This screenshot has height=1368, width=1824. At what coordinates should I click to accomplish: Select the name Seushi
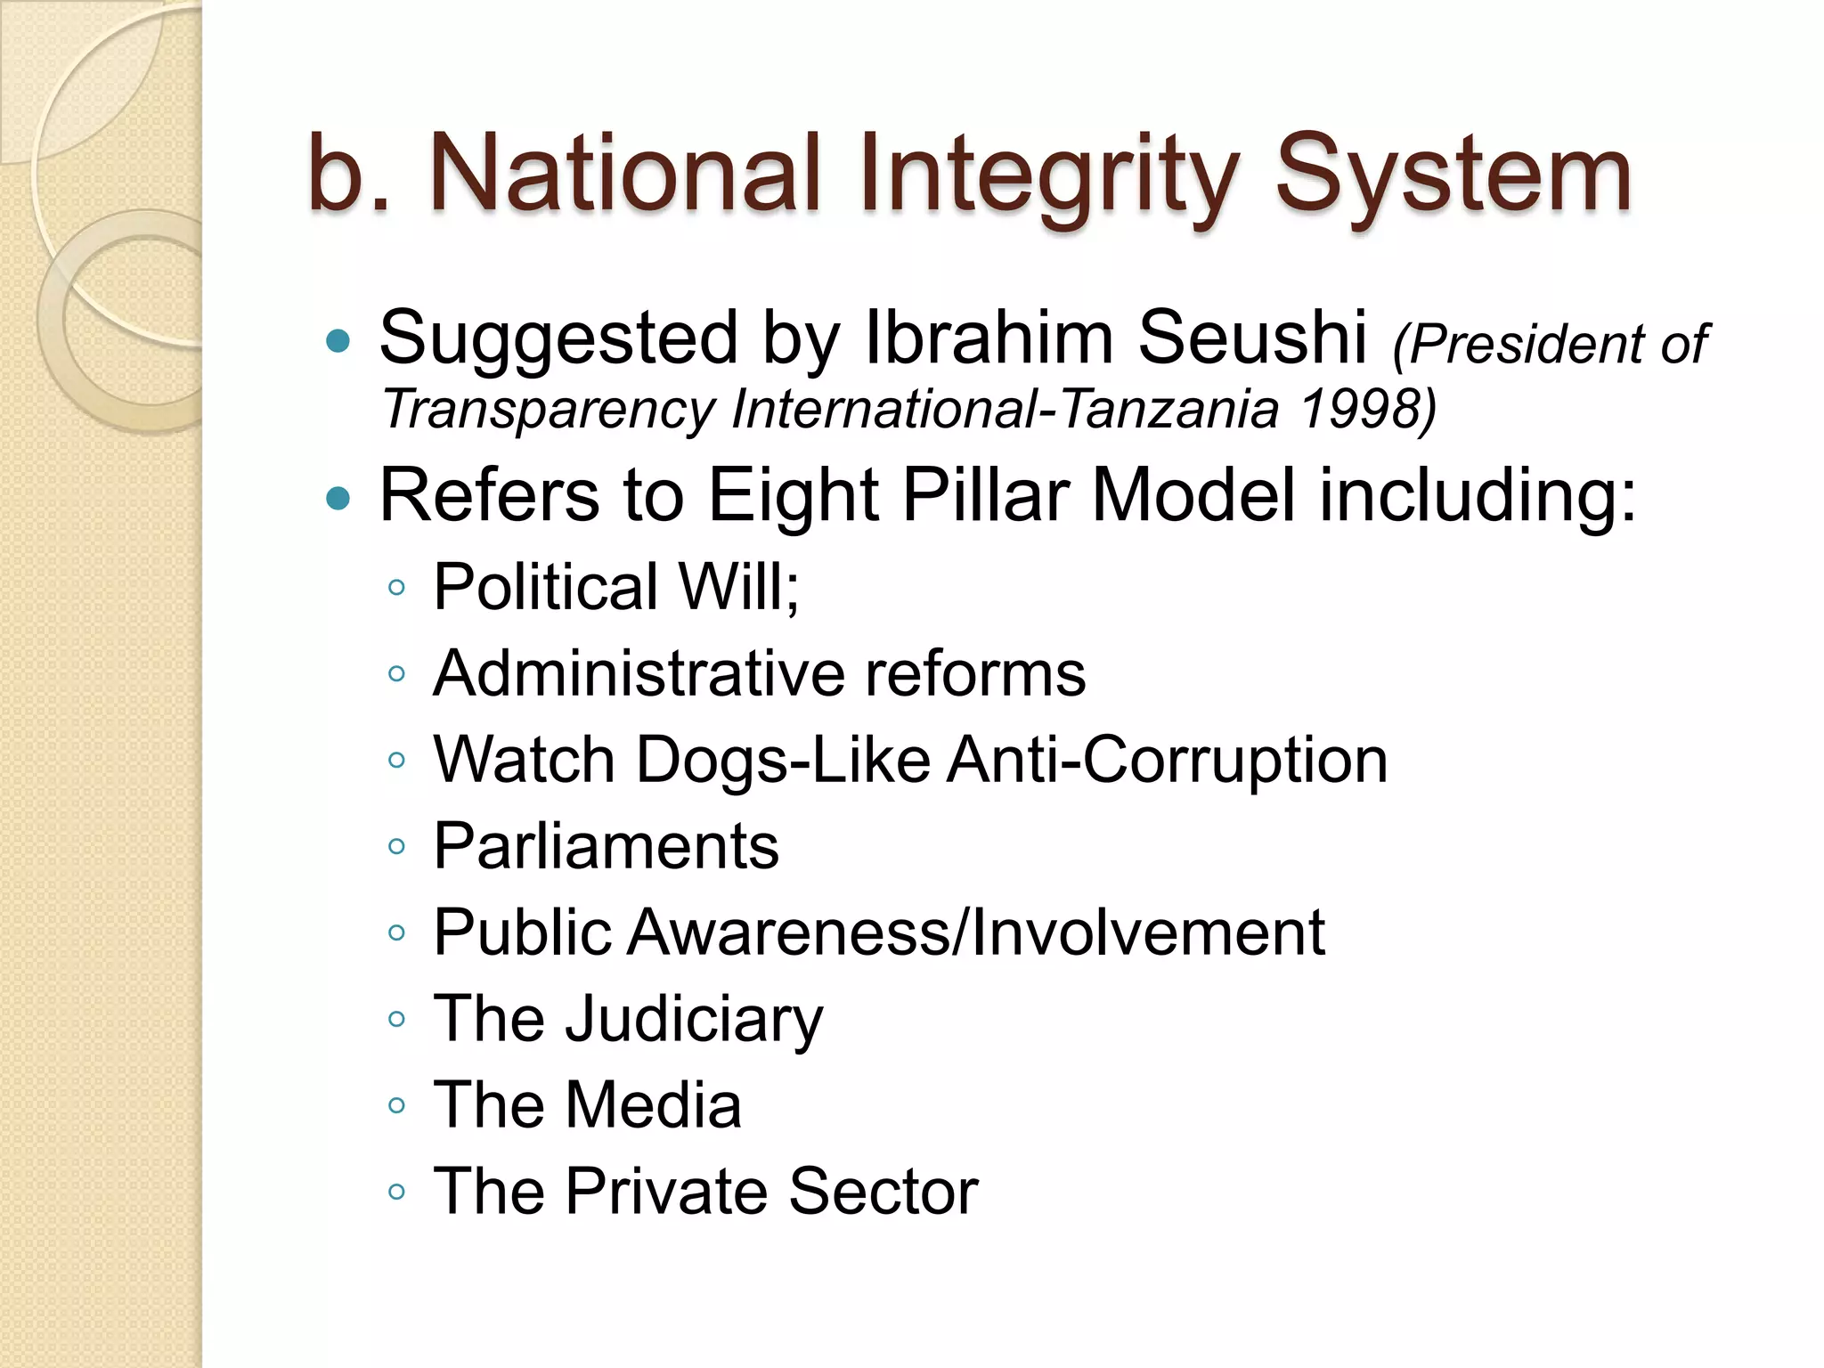click(1252, 338)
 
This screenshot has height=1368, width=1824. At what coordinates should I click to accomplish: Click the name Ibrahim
click(989, 338)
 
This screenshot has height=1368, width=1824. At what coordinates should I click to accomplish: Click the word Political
click(546, 587)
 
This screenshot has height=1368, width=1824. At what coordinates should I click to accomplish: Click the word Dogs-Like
click(783, 761)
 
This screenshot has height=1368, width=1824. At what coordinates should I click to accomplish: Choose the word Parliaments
click(606, 846)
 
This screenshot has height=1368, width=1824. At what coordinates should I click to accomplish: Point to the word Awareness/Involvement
click(976, 932)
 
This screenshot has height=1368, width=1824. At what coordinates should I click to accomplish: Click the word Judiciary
click(694, 1020)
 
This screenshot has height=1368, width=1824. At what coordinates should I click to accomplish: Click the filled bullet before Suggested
click(338, 340)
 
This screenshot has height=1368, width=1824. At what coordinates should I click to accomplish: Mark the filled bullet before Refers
click(338, 497)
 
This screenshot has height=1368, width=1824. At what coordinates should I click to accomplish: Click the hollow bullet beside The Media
click(397, 1106)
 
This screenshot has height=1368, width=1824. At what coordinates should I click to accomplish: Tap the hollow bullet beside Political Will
click(397, 588)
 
